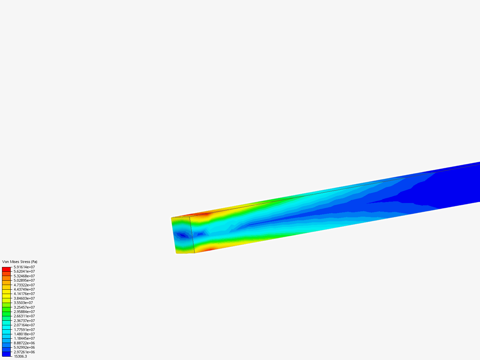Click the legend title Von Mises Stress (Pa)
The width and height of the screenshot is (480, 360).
[x=20, y=262]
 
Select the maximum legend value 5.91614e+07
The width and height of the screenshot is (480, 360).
[x=24, y=267]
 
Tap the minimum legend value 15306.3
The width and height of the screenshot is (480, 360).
[x=20, y=356]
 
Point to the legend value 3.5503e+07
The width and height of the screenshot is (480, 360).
[x=23, y=303]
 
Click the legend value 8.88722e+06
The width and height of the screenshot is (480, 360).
[x=24, y=343]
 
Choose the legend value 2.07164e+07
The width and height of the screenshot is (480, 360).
[x=24, y=325]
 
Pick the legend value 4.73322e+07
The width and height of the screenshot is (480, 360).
[x=24, y=285]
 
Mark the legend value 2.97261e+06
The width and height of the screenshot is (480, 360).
[x=24, y=352]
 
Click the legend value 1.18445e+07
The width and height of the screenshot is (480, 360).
[x=24, y=338]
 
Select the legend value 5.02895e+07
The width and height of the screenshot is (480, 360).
[x=24, y=280]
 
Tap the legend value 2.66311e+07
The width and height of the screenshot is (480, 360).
[x=24, y=316]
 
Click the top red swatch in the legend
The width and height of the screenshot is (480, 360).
[x=6, y=269]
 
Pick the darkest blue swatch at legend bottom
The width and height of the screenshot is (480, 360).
[x=6, y=354]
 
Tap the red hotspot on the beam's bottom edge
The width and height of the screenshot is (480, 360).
[x=209, y=249]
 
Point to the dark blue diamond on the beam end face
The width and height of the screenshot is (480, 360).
[x=182, y=235]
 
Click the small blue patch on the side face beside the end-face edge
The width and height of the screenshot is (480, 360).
[x=200, y=234]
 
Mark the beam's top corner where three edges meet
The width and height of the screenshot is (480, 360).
[x=190, y=217]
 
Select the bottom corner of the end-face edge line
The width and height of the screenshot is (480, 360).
[x=195, y=253]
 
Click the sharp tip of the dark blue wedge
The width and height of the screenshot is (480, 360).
[x=367, y=203]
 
